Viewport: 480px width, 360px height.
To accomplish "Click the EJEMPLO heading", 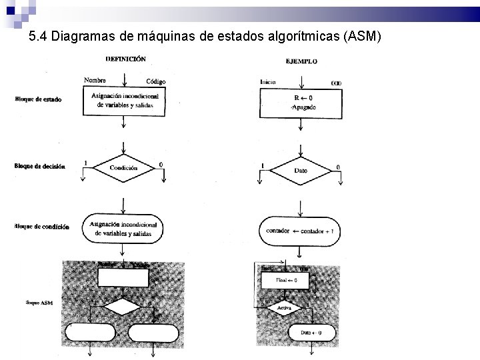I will (x=301, y=61).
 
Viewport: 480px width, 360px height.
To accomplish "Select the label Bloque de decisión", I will (x=39, y=166).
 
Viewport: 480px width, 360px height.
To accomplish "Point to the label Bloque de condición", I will (x=41, y=227).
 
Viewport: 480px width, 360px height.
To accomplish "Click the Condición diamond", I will (x=123, y=168).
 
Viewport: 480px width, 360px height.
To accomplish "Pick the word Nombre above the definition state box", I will (x=95, y=80).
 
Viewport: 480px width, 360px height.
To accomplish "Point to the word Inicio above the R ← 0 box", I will (x=268, y=82).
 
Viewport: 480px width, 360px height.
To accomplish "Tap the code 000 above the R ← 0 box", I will (x=336, y=83).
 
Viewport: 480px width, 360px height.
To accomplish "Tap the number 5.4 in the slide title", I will (x=39, y=37).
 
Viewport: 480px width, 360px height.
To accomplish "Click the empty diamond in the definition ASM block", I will (x=123, y=307).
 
